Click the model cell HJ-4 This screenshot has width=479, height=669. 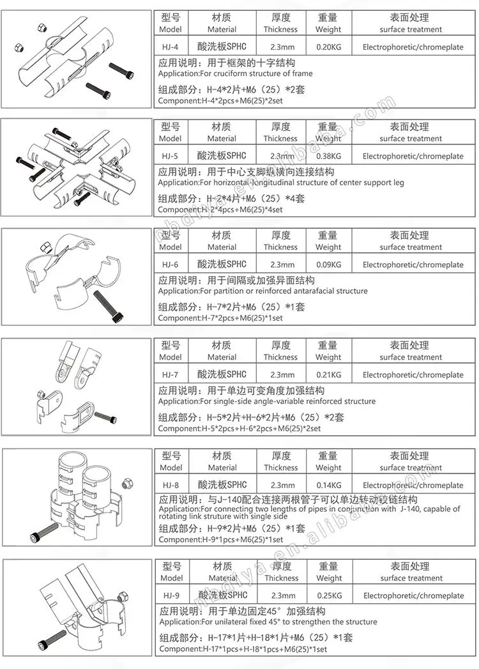pos(171,47)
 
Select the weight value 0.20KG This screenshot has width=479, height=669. pos(328,47)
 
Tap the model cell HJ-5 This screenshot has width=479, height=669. pos(171,156)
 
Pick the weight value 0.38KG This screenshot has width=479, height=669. pos(328,156)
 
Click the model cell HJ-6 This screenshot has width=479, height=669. pos(171,265)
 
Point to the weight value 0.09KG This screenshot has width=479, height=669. pos(328,265)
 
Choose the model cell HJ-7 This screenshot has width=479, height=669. pos(171,375)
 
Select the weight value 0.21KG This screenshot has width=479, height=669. pos(328,375)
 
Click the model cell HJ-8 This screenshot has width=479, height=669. pos(171,485)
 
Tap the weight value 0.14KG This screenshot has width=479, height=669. pos(328,485)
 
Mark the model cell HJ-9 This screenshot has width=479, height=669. pos(171,596)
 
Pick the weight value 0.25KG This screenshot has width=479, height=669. pos(328,596)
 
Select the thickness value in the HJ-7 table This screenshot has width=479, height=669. pos(280,375)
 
